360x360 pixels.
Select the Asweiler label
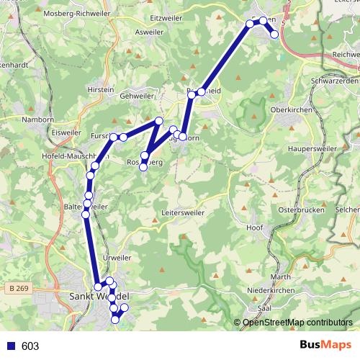149,32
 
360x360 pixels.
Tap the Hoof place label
253,228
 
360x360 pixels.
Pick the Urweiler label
117,258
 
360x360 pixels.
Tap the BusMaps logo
325,346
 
